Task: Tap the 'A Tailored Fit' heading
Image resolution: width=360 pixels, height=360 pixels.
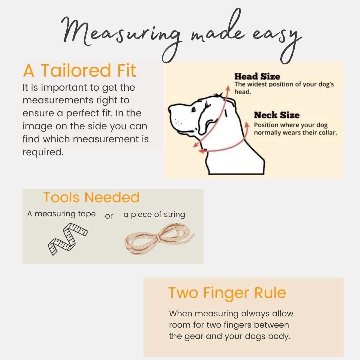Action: click(80, 70)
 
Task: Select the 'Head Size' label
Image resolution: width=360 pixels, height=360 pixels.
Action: click(257, 76)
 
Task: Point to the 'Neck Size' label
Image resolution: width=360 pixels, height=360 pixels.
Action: click(277, 115)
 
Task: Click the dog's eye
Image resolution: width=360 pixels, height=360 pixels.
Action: click(193, 110)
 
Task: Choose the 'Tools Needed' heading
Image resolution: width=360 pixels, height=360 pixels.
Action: click(91, 197)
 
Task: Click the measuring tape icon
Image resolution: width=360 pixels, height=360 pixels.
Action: click(68, 239)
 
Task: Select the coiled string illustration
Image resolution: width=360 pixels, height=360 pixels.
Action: click(159, 239)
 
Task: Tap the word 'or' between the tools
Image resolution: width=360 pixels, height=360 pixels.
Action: click(109, 216)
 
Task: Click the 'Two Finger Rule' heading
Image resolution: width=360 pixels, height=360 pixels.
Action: click(227, 293)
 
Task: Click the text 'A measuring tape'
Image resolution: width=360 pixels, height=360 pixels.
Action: click(61, 214)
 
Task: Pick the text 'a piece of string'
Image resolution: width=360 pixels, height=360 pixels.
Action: click(154, 214)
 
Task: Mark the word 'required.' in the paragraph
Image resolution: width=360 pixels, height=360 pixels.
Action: click(43, 152)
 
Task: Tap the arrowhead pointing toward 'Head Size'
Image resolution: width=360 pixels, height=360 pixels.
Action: click(228, 88)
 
